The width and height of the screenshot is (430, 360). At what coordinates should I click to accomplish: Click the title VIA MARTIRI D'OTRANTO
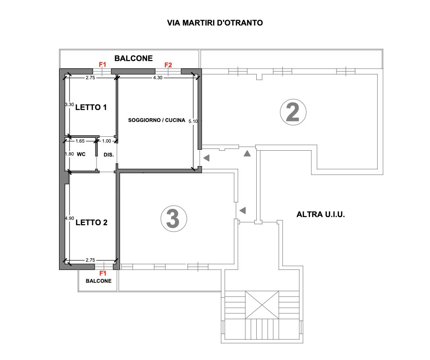click(215, 23)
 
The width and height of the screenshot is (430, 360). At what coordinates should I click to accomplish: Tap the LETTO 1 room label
click(91, 108)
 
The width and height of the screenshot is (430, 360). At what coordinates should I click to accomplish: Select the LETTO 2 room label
click(91, 223)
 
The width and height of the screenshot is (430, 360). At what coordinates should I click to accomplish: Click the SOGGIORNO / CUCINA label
click(156, 120)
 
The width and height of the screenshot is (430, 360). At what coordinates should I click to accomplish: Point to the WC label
click(81, 154)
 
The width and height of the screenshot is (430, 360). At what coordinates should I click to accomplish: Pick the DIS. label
click(108, 155)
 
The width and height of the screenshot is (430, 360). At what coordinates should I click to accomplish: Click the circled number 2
click(293, 112)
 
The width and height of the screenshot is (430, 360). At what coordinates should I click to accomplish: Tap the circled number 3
click(174, 219)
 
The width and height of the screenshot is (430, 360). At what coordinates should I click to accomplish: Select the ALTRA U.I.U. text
click(321, 214)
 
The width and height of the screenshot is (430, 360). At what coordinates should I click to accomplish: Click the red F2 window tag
click(168, 65)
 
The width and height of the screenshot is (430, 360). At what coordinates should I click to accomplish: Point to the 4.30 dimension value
click(158, 78)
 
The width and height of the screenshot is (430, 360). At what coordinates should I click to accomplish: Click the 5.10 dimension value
click(193, 121)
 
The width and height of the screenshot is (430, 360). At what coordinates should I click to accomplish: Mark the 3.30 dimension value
click(70, 105)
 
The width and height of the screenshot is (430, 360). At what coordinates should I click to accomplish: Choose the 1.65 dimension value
click(80, 141)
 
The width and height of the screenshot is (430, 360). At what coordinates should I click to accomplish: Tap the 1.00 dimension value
click(107, 141)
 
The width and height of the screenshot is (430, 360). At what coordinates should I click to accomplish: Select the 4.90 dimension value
click(70, 218)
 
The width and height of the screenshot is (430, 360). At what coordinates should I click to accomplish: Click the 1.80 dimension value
click(70, 154)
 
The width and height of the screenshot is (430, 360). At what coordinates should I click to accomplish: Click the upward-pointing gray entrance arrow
click(247, 154)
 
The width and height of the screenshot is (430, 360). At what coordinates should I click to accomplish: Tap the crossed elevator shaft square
click(262, 305)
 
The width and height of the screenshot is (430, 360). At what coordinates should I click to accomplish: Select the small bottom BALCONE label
click(99, 281)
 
